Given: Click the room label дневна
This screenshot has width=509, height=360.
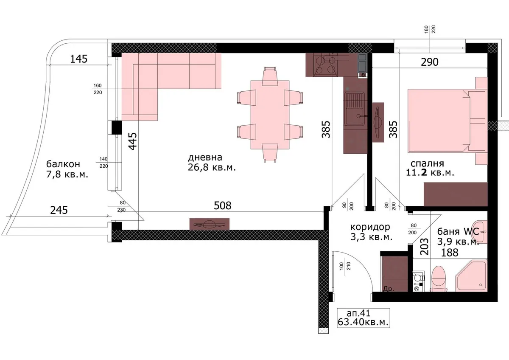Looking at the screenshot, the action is click(205, 157).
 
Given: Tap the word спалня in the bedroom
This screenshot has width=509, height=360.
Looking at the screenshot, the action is click(427, 163).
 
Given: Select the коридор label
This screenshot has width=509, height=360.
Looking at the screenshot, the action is click(370, 227).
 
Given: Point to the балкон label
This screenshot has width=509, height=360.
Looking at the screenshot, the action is click(63, 164).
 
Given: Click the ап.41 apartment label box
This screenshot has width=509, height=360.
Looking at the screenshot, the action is click(364, 318).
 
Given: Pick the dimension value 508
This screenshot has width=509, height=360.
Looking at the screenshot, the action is click(222, 205).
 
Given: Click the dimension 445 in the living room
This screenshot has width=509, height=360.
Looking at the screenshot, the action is click(133, 141).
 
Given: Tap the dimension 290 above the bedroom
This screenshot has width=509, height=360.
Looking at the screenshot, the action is click(429, 62).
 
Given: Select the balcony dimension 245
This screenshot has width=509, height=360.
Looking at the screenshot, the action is click(59, 210).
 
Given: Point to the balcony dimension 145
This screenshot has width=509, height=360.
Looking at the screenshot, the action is click(78, 59).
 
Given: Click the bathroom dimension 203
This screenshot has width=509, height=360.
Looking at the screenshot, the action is click(424, 247).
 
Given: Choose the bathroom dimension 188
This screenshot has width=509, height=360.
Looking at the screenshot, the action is click(450, 253).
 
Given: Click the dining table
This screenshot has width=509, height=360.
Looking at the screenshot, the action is click(270, 115).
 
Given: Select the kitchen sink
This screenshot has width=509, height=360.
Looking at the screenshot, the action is click(354, 109).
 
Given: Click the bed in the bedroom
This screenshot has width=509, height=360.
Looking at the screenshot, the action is click(447, 121).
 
